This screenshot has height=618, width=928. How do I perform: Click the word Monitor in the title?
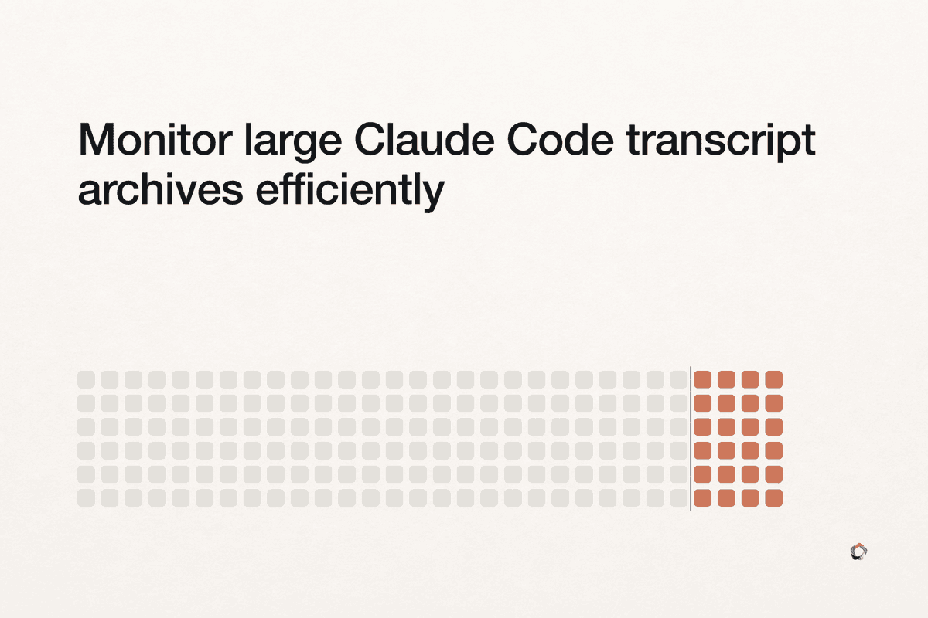(x=155, y=140)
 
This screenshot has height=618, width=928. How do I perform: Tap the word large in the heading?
(x=293, y=142)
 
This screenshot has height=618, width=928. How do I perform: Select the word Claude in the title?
(x=425, y=140)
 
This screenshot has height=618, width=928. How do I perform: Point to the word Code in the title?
(x=561, y=140)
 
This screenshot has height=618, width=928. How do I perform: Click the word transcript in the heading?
(x=721, y=142)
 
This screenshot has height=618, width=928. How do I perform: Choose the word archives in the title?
(x=160, y=188)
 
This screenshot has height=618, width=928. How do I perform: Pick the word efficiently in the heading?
(x=350, y=192)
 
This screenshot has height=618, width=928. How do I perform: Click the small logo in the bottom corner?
(x=859, y=552)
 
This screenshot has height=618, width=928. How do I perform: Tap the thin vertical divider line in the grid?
(x=691, y=439)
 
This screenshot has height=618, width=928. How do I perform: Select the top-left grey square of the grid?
(x=86, y=379)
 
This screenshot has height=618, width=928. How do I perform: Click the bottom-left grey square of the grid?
(x=86, y=498)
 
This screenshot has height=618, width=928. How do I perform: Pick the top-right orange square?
(x=774, y=379)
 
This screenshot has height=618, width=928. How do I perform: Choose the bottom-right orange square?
(x=774, y=498)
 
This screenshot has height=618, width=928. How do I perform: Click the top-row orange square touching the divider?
(x=703, y=379)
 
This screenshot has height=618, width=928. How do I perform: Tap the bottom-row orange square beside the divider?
(x=703, y=498)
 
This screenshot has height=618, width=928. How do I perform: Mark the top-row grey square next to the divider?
(x=679, y=379)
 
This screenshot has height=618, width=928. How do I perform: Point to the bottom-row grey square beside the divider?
(x=679, y=498)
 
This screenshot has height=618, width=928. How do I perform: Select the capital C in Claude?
(x=370, y=140)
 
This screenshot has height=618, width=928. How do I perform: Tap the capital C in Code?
(x=523, y=140)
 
